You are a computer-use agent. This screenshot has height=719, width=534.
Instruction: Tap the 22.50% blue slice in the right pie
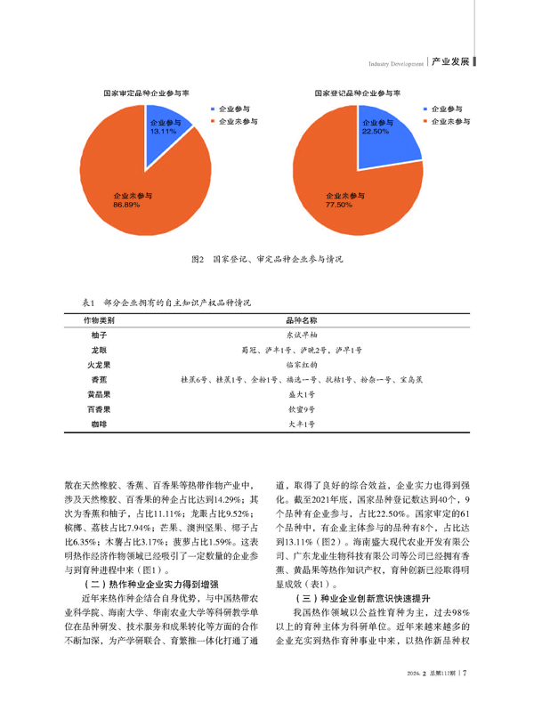tap(374, 133)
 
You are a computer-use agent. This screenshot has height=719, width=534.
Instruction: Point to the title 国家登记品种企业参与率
tap(352, 92)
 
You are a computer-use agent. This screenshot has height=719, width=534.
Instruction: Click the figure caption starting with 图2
tap(268, 260)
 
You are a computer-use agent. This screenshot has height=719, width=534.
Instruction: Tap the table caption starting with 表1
tap(166, 303)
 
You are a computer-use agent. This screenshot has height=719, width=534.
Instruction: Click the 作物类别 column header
tap(98, 319)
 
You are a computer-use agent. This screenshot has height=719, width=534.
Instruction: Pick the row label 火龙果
tap(98, 364)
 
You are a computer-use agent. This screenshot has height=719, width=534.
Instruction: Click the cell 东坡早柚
tap(300, 335)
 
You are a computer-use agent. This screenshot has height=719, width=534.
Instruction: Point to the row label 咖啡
tap(98, 424)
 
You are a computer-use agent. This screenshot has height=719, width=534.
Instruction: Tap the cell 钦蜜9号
tap(300, 409)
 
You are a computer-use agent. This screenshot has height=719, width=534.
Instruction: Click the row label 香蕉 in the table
tap(98, 379)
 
